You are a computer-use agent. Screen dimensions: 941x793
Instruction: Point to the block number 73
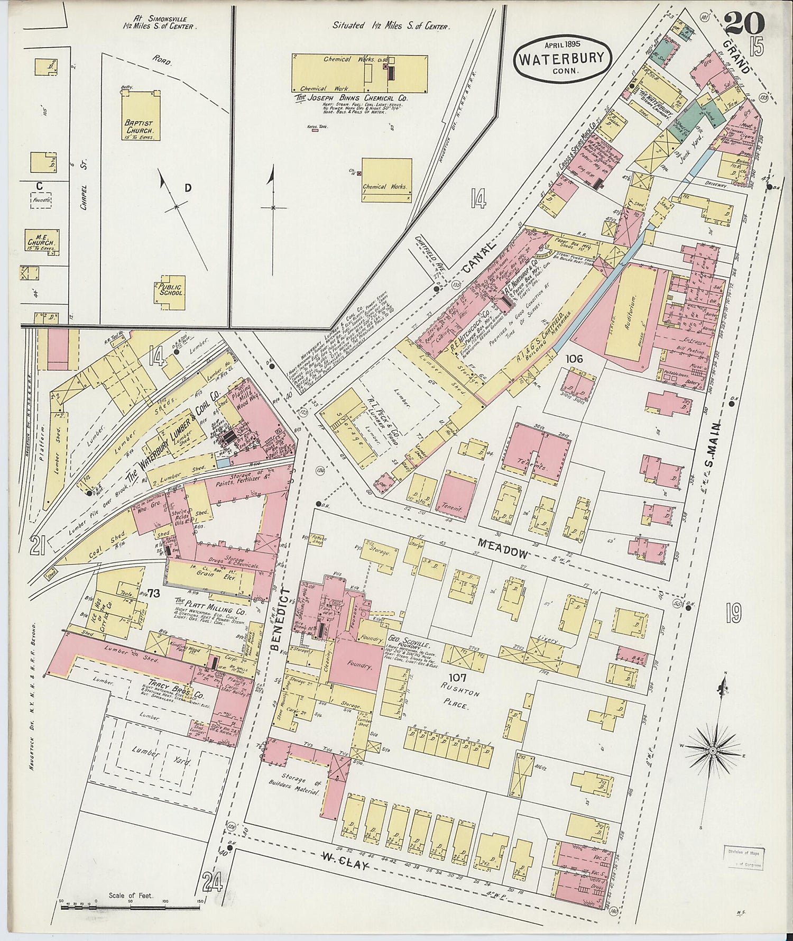154,593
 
